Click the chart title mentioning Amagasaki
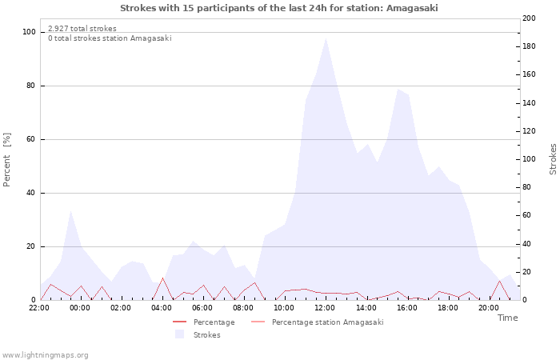(x=279, y=8)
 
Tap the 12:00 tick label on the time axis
(x=325, y=307)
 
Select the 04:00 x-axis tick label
(x=162, y=307)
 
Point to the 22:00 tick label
(x=38, y=307)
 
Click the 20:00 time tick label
(x=489, y=307)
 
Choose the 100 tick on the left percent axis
(x=30, y=32)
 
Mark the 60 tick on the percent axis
(x=31, y=139)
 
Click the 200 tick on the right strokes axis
(x=529, y=18)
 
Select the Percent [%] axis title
(x=7, y=160)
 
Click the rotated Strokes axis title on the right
(x=553, y=159)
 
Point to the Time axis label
(x=507, y=318)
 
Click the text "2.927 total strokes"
(x=82, y=29)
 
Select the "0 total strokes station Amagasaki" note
(x=110, y=38)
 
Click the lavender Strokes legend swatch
(x=179, y=334)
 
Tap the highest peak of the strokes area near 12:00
(x=326, y=38)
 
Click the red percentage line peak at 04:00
(x=162, y=278)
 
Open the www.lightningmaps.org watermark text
(x=45, y=354)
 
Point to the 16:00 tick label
(x=406, y=307)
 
